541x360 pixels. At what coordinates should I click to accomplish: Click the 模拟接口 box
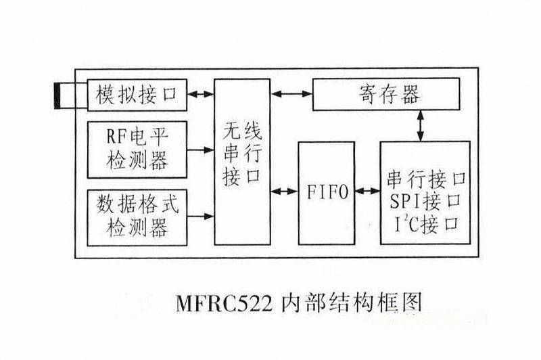135,94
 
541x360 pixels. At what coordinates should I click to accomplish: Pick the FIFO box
326,192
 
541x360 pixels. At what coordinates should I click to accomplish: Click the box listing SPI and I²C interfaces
425,192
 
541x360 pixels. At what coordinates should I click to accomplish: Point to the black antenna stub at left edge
60,95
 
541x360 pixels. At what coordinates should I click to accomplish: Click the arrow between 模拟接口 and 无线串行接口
200,94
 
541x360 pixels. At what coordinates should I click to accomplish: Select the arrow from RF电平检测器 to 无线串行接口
200,149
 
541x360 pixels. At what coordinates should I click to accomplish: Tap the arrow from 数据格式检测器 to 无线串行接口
200,217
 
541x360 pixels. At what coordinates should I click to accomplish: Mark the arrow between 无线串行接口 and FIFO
283,192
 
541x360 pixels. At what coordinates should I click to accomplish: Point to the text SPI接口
425,200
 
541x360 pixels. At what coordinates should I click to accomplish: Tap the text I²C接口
425,221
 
